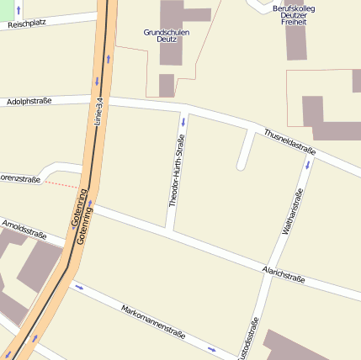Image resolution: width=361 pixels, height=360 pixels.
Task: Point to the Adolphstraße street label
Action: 29,101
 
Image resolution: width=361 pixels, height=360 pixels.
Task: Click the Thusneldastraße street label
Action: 289,140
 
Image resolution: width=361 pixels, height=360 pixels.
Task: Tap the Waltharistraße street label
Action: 292,210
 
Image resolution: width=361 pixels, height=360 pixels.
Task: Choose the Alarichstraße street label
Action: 283,273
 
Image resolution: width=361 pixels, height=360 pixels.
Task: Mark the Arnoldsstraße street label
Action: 24,227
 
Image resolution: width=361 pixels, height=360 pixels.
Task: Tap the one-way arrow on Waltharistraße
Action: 307,165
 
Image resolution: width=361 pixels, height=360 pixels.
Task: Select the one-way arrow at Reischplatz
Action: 19,10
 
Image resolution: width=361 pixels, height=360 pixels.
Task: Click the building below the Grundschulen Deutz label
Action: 166,85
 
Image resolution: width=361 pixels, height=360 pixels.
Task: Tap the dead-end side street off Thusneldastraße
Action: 245,151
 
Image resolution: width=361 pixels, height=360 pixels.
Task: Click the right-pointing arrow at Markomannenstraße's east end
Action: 211,349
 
